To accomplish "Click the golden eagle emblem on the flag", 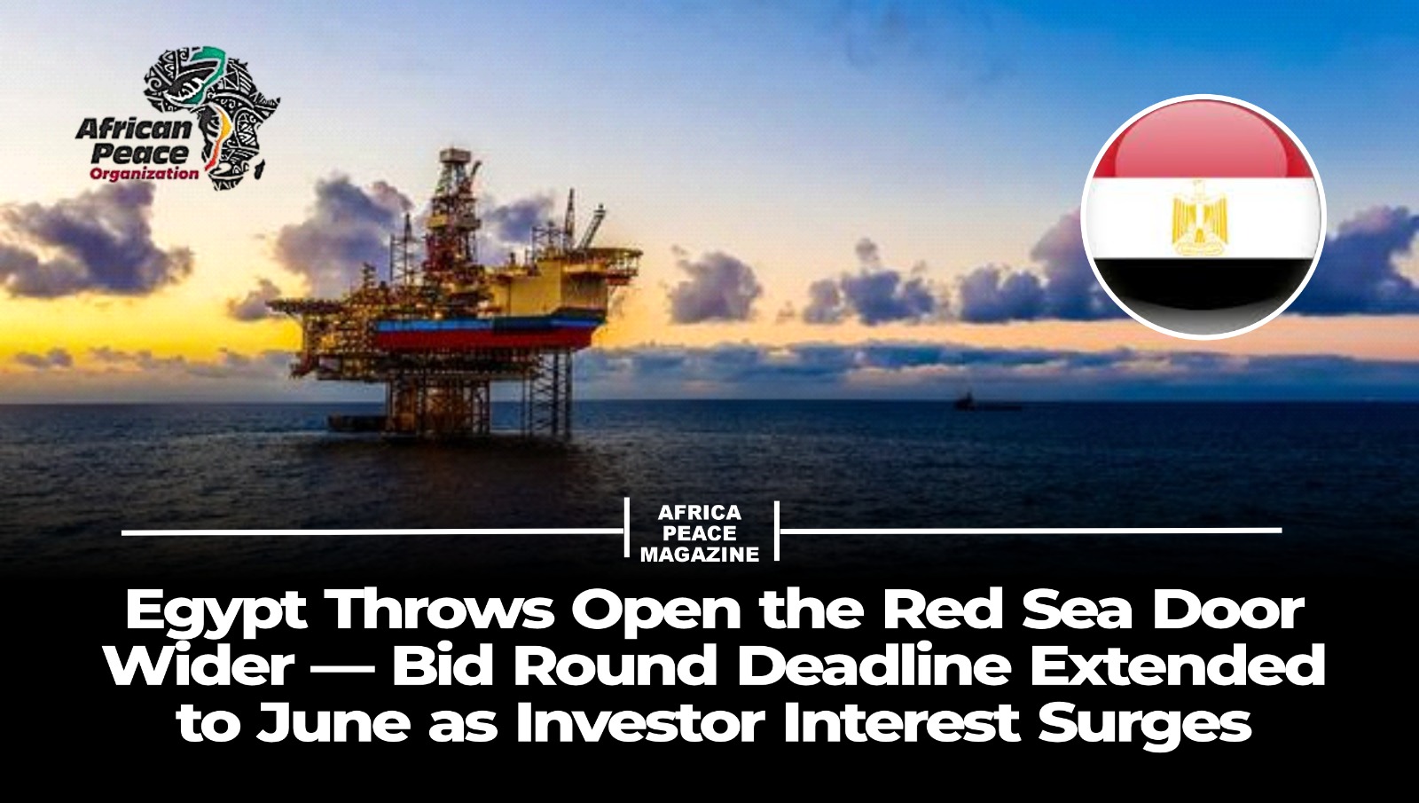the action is pyautogui.click(x=1199, y=217).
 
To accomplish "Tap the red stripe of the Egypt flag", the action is pyautogui.click(x=1203, y=145).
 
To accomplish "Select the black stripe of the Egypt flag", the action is pyautogui.click(x=1203, y=292).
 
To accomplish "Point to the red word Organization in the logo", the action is pyautogui.click(x=144, y=173).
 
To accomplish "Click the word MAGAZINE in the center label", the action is pyautogui.click(x=700, y=555).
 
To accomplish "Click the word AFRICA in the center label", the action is pyautogui.click(x=700, y=512).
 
